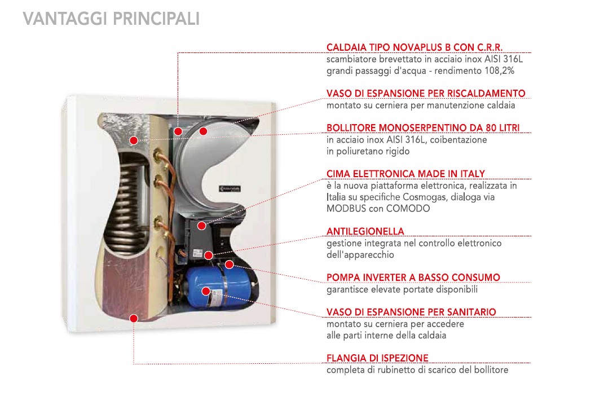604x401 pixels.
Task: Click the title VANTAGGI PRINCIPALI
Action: pos(111,19)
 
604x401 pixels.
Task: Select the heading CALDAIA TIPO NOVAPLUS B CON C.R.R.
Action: pos(415,47)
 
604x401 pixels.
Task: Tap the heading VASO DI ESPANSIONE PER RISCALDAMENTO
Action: pos(426,94)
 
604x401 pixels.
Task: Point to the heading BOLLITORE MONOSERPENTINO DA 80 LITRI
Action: pos(423,128)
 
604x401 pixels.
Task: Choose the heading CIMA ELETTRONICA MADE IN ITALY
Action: pos(405,174)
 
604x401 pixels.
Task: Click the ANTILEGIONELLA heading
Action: pos(365,231)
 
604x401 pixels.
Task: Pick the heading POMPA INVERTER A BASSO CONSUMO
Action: pos(413,277)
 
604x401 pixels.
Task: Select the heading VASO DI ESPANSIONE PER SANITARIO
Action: pos(411,312)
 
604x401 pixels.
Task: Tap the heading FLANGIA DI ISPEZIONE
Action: pos(377,358)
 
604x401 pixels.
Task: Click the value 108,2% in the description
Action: pos(500,71)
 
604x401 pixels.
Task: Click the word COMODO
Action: pos(408,209)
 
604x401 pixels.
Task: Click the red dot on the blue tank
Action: pos(206,291)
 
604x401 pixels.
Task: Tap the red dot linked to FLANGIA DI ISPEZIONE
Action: pos(134,319)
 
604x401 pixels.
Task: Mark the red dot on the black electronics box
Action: pos(202,226)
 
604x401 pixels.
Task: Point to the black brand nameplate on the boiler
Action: pos(230,189)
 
